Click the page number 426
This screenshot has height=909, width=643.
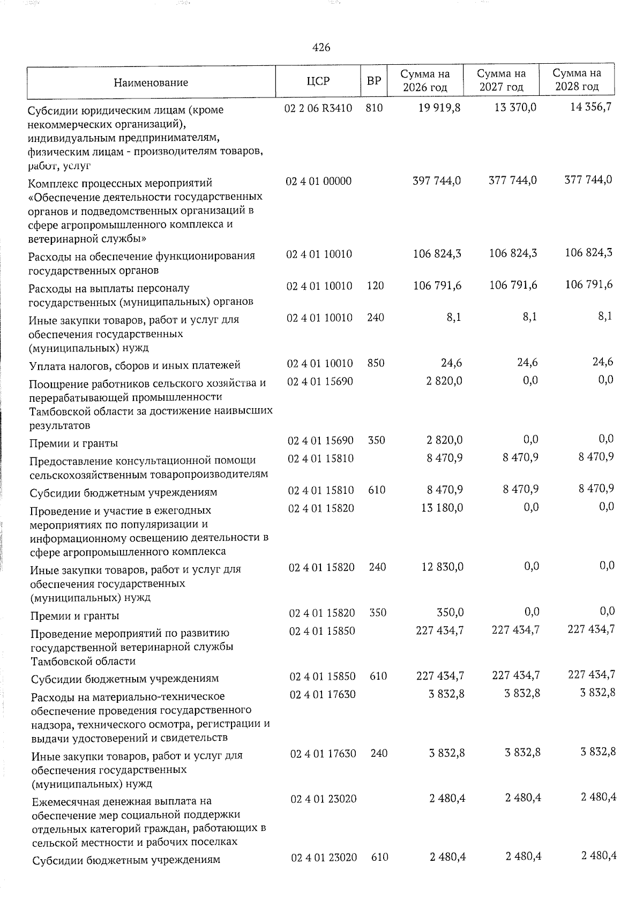[321, 48]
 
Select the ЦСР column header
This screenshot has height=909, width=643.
[318, 81]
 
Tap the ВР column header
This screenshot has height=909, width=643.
[374, 81]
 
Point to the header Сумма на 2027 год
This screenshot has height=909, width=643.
[501, 80]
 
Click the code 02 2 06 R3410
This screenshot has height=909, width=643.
[319, 108]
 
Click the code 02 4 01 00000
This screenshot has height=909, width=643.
[319, 181]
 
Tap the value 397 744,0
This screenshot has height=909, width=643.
[437, 181]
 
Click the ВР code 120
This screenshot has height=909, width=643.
[376, 286]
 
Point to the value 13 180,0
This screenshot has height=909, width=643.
[443, 507]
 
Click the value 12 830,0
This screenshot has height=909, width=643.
[443, 567]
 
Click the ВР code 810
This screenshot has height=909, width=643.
[375, 108]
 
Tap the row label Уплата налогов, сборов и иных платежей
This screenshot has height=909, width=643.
[134, 365]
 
